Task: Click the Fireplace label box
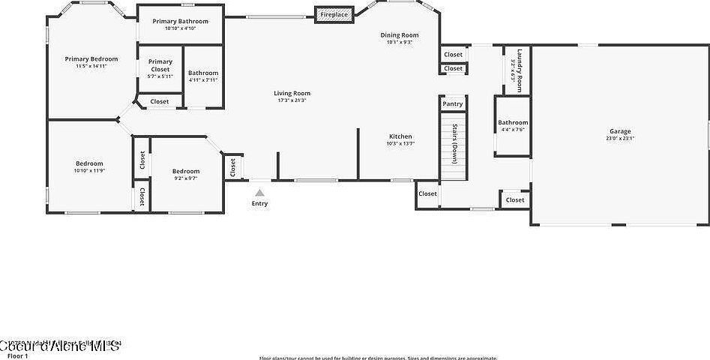tap(334, 15)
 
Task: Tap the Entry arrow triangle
tap(259, 193)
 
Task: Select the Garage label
tap(620, 131)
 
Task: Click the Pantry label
tap(453, 104)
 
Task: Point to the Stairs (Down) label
tap(454, 143)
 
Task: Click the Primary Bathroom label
tap(180, 21)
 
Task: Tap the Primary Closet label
tap(160, 65)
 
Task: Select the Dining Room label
tap(400, 34)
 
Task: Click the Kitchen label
tap(400, 136)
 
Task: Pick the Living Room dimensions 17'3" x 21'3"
tap(292, 100)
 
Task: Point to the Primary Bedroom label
tap(91, 58)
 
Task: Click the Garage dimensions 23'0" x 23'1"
tap(620, 138)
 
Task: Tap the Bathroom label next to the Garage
tap(514, 122)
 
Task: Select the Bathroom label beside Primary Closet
tap(203, 73)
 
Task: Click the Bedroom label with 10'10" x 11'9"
tap(89, 163)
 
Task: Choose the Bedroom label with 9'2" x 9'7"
tap(186, 171)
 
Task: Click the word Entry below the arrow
tap(259, 203)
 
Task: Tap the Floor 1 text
tap(17, 355)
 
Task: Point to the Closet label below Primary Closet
tap(160, 101)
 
